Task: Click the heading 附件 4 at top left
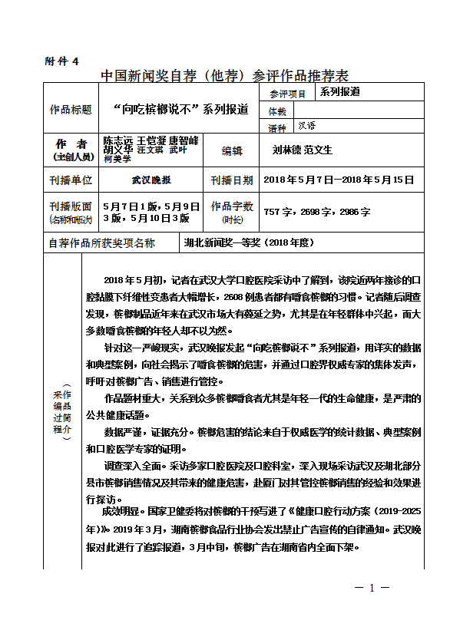tap(62, 61)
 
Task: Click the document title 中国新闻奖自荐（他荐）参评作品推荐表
tap(225, 76)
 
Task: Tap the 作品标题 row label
tap(71, 110)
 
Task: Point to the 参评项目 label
tap(288, 94)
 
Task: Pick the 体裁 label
tap(277, 111)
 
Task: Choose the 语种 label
tap(277, 127)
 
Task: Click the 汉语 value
tap(307, 125)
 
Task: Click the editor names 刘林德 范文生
tap(303, 150)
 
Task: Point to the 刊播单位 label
tap(71, 180)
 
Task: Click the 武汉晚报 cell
tap(151, 180)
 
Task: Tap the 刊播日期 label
tap(232, 180)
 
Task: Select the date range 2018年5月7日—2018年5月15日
tap(339, 180)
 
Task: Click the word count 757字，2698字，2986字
tap(317, 211)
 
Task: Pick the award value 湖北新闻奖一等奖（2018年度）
tap(248, 242)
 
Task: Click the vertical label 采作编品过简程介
tap(62, 411)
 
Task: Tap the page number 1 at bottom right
tap(372, 588)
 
